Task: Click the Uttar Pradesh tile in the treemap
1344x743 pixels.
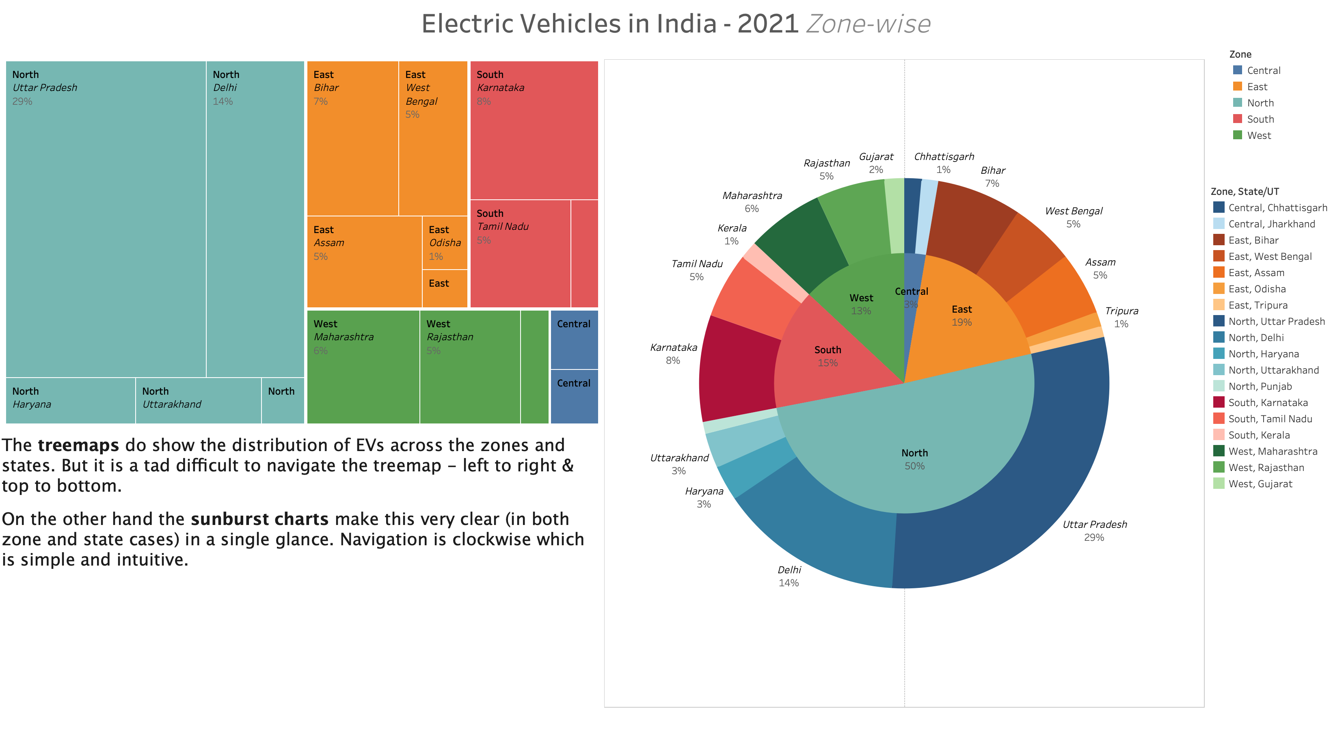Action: (x=106, y=219)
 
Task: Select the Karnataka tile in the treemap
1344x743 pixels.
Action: (x=534, y=130)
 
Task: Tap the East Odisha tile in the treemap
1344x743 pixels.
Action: (x=445, y=243)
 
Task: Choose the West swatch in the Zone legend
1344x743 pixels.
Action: (x=1238, y=135)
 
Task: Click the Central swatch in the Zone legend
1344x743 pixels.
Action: (x=1238, y=70)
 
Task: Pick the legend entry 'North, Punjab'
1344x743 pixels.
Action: (x=1260, y=386)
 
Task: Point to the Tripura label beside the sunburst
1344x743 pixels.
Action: (x=1121, y=311)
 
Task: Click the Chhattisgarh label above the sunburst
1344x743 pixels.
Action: (x=944, y=157)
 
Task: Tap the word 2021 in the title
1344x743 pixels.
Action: (x=767, y=24)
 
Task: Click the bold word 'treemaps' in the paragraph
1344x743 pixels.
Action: (x=78, y=445)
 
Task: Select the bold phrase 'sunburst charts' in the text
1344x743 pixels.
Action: (x=259, y=519)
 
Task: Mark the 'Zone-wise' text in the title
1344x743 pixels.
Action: (x=868, y=24)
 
